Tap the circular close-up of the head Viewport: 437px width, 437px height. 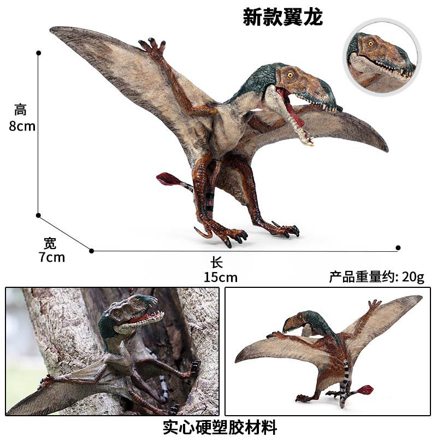tap(382, 56)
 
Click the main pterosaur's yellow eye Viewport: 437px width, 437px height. tap(290, 74)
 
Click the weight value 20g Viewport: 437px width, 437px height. tap(413, 277)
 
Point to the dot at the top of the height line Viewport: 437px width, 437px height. tap(38, 53)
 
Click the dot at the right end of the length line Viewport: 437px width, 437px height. tap(398, 248)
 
